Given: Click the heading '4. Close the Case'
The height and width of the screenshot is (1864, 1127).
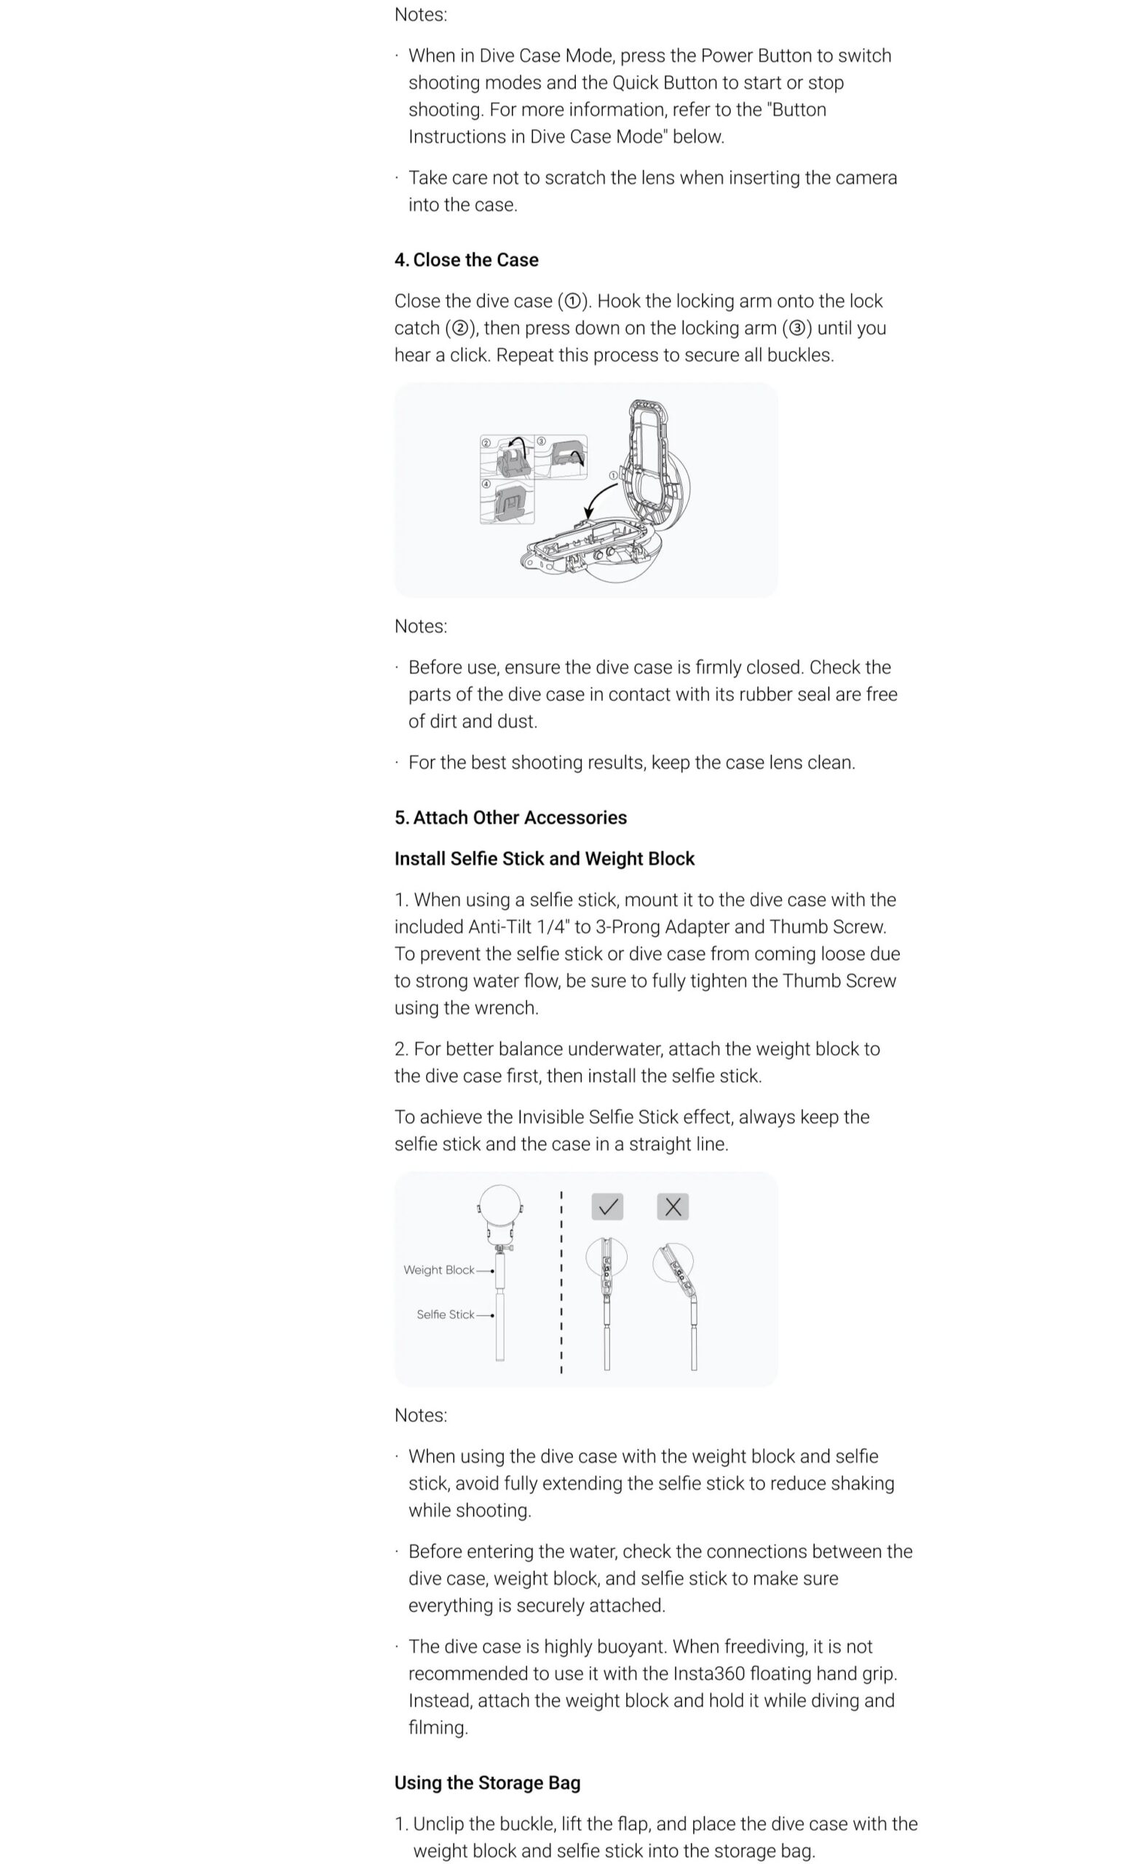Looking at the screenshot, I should [466, 259].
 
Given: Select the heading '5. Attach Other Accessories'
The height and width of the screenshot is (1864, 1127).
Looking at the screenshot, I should [510, 817].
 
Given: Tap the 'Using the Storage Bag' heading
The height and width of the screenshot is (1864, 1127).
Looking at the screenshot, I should [487, 1782].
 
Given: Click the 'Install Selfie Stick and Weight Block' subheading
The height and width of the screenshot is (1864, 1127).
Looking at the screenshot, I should [544, 858].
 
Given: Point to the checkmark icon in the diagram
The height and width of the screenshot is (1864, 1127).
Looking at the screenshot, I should [607, 1207].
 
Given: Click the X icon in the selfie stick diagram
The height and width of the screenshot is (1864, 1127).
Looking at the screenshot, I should [673, 1207].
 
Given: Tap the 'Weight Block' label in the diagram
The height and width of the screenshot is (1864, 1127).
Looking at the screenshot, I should [439, 1270].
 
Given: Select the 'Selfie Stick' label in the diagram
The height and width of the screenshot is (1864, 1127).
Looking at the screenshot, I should [445, 1315].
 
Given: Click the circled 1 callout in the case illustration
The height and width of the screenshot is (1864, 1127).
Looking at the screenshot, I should [614, 475].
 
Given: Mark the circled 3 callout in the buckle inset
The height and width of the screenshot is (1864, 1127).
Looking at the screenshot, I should [541, 441].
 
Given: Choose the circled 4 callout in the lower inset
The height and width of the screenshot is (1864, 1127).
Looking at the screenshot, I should [486, 484].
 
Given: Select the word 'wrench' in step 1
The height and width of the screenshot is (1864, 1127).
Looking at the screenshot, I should [509, 1008].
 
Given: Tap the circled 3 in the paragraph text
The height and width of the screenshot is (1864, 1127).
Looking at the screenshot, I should [796, 328].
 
